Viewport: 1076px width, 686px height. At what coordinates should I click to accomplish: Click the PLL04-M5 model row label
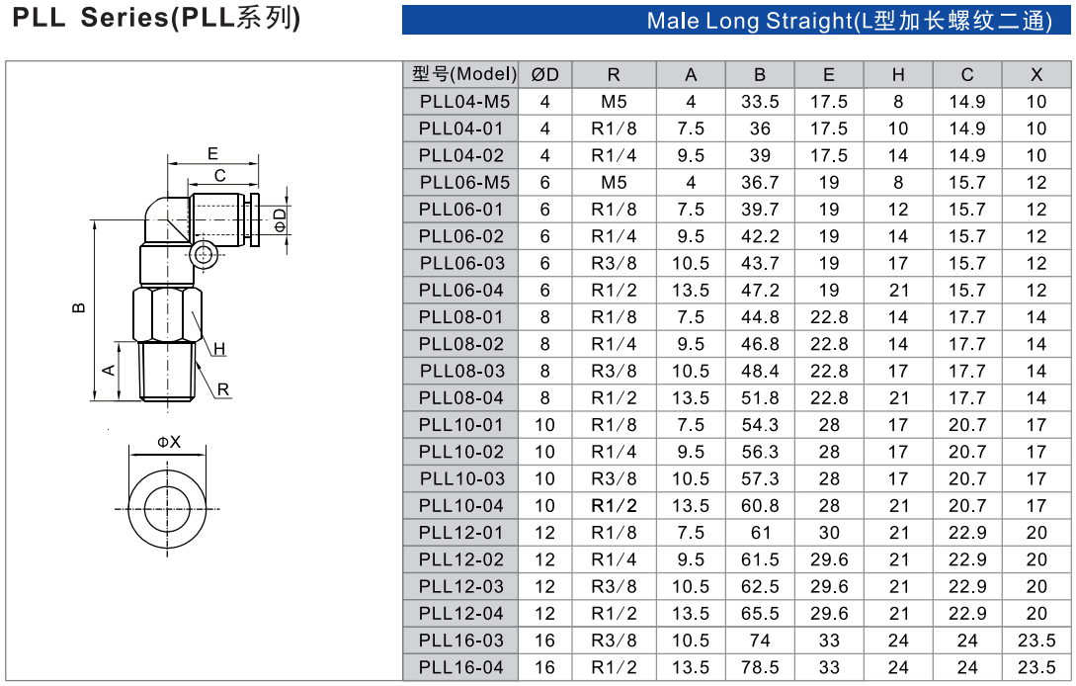464,102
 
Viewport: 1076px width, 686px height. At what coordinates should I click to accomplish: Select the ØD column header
544,74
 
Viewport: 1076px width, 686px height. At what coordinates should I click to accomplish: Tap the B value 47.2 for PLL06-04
759,291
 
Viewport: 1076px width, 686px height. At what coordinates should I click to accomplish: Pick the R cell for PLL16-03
614,641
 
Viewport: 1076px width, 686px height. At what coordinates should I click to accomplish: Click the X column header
1035,74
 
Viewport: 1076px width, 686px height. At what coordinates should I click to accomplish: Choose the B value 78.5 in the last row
759,667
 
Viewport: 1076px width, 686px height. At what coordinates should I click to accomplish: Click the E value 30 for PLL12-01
828,533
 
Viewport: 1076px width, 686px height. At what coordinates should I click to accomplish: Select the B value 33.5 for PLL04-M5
759,102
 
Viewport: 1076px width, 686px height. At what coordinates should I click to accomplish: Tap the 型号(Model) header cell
464,74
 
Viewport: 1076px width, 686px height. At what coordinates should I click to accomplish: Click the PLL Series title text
156,18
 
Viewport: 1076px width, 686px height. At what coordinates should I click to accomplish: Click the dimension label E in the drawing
212,153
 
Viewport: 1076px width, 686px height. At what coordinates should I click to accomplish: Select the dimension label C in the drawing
220,175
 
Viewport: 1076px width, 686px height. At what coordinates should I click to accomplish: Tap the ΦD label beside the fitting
281,216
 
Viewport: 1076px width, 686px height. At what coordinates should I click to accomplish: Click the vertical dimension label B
79,306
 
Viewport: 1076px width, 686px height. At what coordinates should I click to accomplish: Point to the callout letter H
219,348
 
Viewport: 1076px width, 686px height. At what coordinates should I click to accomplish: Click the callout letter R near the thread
223,389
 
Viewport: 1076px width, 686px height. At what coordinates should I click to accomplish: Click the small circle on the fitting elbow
204,255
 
